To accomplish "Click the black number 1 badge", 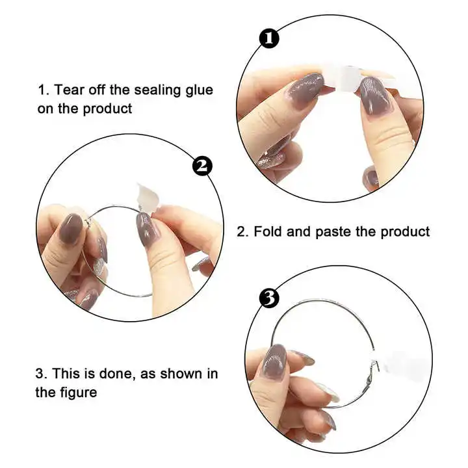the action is [x=269, y=39].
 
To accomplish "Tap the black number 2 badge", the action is [x=202, y=166].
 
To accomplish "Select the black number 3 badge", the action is [x=269, y=298].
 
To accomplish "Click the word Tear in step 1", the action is [x=69, y=90].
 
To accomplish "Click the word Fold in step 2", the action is [x=268, y=231].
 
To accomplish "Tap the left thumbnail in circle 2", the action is [x=71, y=229].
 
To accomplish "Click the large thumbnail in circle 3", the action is [x=274, y=362].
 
